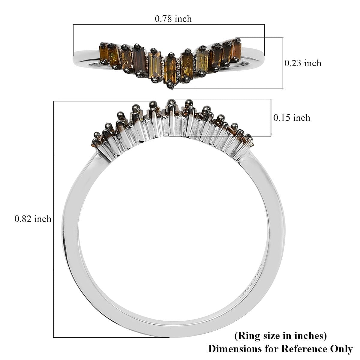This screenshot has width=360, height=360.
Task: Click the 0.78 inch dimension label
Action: (x=173, y=19)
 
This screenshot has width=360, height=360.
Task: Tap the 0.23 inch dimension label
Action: (x=303, y=64)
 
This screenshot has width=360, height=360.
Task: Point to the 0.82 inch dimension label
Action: (x=33, y=219)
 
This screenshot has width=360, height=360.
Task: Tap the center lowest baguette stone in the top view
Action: (x=170, y=70)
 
